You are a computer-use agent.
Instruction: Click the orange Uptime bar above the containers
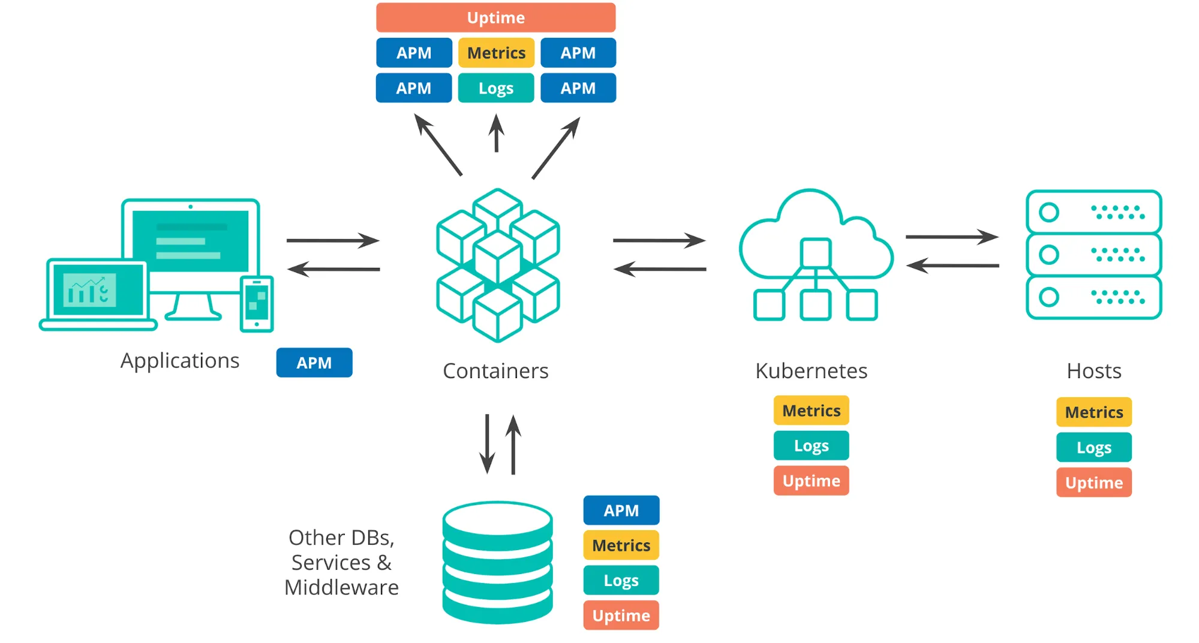495,17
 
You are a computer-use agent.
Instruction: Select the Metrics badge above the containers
496,53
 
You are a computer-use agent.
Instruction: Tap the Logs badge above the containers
496,88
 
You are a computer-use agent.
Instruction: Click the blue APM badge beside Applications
314,363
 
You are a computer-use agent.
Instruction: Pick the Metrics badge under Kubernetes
811,410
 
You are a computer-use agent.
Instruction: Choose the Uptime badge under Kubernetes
811,481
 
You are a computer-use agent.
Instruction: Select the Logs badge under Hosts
1093,448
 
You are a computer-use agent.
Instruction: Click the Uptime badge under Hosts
1093,482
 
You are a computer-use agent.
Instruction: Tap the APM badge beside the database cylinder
621,511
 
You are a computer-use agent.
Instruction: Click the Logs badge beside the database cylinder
621,580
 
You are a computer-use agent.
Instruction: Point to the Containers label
495,371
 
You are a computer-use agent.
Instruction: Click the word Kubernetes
811,371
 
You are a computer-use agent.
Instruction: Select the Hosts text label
1093,371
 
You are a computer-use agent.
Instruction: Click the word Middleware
341,587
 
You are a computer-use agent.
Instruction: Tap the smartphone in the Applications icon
257,303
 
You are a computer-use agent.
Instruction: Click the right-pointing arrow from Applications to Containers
333,240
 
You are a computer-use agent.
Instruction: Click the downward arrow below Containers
487,443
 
